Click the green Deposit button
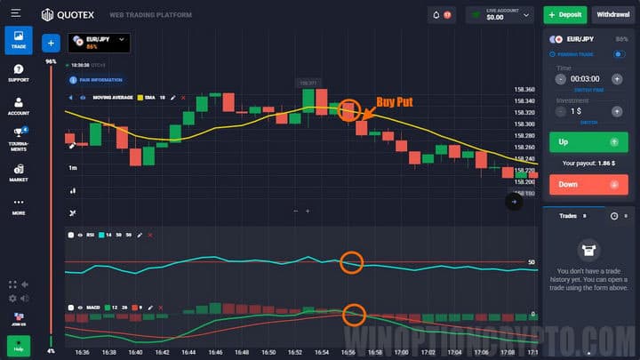pyautogui.click(x=564, y=15)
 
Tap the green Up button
pyautogui.click(x=588, y=142)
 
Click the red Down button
pyautogui.click(x=588, y=184)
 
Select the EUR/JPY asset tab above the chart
pyautogui.click(x=99, y=42)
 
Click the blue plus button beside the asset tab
pyautogui.click(x=51, y=42)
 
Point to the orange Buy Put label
pyautogui.click(x=395, y=102)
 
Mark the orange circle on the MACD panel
pyautogui.click(x=355, y=314)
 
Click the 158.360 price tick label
pyautogui.click(x=524, y=90)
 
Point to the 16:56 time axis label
pyautogui.click(x=350, y=352)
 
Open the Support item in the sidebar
pyautogui.click(x=19, y=73)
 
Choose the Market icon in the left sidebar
pyautogui.click(x=19, y=172)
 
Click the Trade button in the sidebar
pyautogui.click(x=19, y=40)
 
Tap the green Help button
pyautogui.click(x=18, y=349)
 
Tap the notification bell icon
pyautogui.click(x=436, y=15)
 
